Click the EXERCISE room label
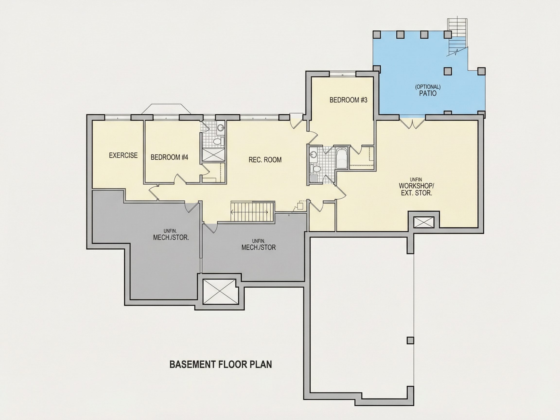pyautogui.click(x=123, y=155)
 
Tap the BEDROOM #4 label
pyautogui.click(x=169, y=157)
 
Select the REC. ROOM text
pyautogui.click(x=265, y=160)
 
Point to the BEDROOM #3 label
pyautogui.click(x=348, y=100)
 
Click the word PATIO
pyautogui.click(x=428, y=93)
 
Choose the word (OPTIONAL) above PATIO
pyautogui.click(x=428, y=87)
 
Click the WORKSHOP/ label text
pyautogui.click(x=416, y=185)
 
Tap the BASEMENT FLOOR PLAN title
pyautogui.click(x=220, y=364)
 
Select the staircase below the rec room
pyautogui.click(x=252, y=212)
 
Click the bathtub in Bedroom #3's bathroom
pyautogui.click(x=342, y=158)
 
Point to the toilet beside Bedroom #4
pyautogui.click(x=218, y=141)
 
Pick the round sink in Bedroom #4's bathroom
pyautogui.click(x=221, y=128)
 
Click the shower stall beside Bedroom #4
pyautogui.click(x=213, y=155)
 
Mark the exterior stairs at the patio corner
pyautogui.click(x=457, y=37)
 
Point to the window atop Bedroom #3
pyautogui.click(x=342, y=74)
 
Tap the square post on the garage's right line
pyautogui.click(x=410, y=341)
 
